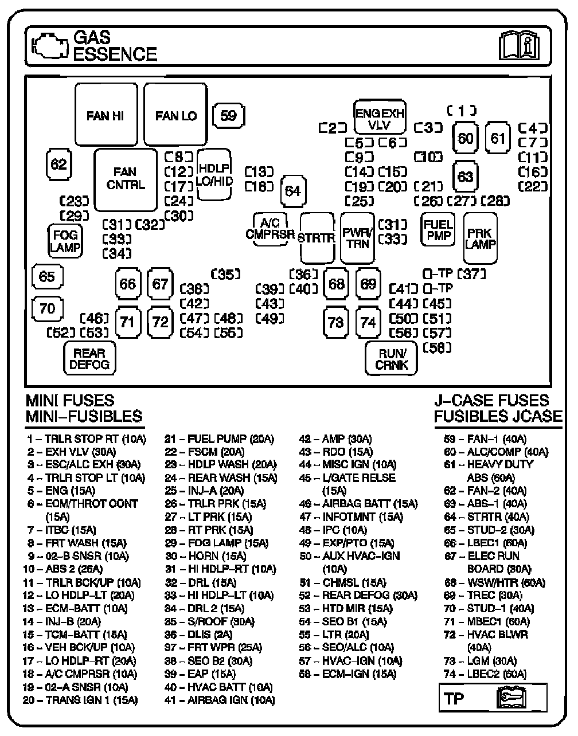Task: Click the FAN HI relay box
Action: tap(106, 115)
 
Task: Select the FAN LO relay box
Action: tap(175, 115)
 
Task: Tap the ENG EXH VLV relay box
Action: tap(379, 118)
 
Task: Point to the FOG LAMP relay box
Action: tap(65, 241)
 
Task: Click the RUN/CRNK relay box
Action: tap(392, 359)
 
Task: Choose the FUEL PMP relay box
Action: tap(438, 229)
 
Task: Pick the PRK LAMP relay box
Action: tap(481, 238)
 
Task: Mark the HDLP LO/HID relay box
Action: tap(214, 174)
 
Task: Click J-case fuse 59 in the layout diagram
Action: tap(228, 115)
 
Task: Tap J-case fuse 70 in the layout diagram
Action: tap(47, 309)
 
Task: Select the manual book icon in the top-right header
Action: tap(519, 46)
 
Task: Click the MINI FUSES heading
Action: tap(70, 401)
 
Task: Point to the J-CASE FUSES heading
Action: tap(491, 401)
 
